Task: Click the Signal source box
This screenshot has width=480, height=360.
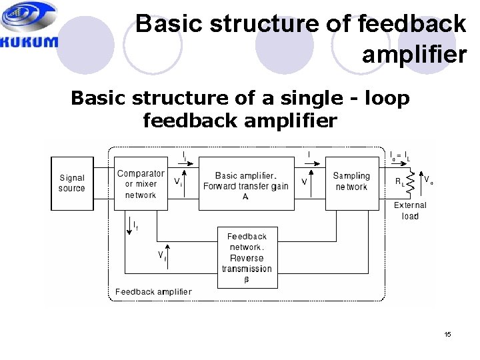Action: (72, 183)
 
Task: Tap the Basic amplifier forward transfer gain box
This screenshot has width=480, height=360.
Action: (246, 183)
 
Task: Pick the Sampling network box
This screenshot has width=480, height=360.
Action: (351, 182)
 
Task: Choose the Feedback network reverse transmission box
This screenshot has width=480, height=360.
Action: (247, 257)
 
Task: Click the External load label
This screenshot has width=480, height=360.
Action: (410, 211)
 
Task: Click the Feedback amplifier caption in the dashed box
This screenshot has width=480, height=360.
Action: (153, 291)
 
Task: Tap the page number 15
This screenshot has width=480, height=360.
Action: (448, 334)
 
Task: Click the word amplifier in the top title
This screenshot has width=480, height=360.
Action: (414, 53)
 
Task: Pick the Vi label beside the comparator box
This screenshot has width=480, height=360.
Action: (178, 181)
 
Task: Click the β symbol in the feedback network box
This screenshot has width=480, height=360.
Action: (247, 280)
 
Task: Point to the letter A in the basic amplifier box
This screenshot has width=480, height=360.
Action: (246, 197)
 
